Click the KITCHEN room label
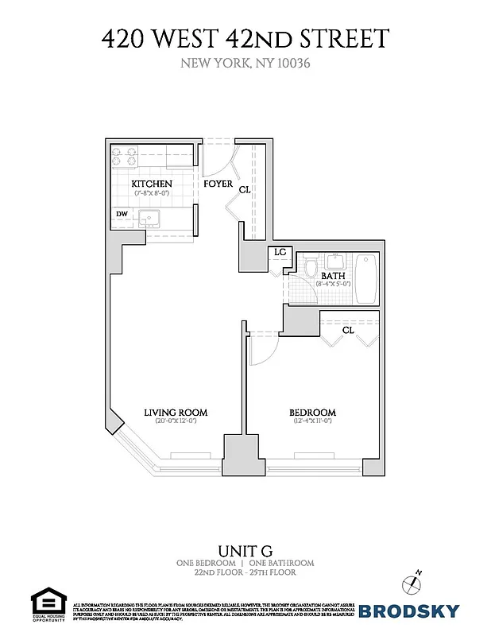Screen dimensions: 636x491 pos(152,184)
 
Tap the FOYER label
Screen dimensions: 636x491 pos(218,184)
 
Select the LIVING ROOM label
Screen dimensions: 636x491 pos(176,412)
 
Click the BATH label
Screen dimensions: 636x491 pos(332,277)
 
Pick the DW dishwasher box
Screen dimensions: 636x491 pos(122,214)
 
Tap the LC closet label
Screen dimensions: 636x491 pos(280,252)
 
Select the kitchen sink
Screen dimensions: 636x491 pos(149,217)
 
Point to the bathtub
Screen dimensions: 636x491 pos(366,278)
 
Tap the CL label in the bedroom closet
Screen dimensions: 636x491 pos(348,330)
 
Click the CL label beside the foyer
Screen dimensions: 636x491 pos(245,190)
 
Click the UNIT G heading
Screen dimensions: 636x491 pos(245,549)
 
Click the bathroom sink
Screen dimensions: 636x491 pos(336,260)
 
